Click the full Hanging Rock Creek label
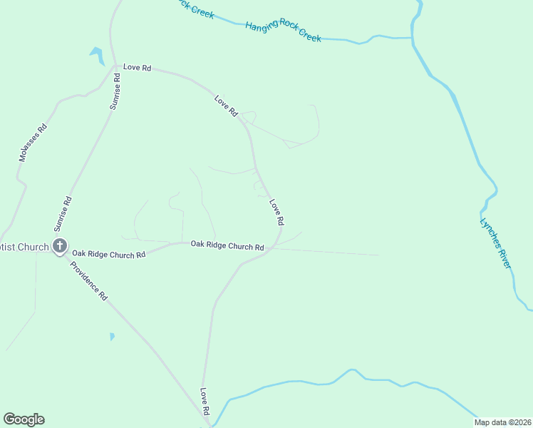pyautogui.click(x=283, y=31)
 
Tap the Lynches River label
pyautogui.click(x=495, y=243)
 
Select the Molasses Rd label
pyautogui.click(x=33, y=142)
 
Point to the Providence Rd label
pyautogui.click(x=88, y=281)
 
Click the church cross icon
pyautogui.click(x=60, y=247)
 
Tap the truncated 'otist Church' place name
pyautogui.click(x=24, y=248)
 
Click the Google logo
pyautogui.click(x=24, y=419)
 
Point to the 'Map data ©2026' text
pyautogui.click(x=503, y=422)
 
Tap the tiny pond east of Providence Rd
pyautogui.click(x=112, y=336)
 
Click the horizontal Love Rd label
pyautogui.click(x=137, y=67)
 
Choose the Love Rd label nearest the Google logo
pyautogui.click(x=204, y=402)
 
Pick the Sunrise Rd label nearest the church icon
pyautogui.click(x=63, y=214)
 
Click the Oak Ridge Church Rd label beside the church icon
pyautogui.click(x=108, y=254)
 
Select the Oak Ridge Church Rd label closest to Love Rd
pyautogui.click(x=227, y=245)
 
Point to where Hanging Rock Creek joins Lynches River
pyautogui.click(x=413, y=37)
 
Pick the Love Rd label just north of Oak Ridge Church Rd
pyautogui.click(x=276, y=213)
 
